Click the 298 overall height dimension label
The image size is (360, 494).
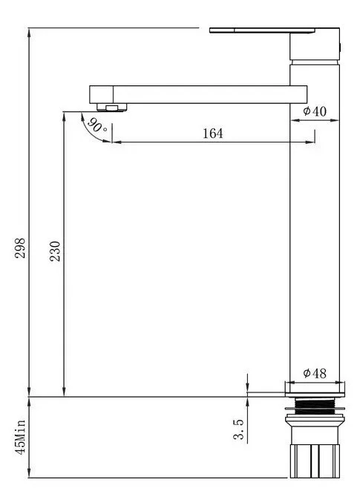[x=20, y=248]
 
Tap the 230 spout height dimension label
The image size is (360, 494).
[x=55, y=251]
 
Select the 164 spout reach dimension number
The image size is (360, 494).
[x=212, y=134]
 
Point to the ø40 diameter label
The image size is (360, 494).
[x=315, y=111]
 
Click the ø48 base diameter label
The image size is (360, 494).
[x=315, y=373]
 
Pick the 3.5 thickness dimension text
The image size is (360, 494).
[x=238, y=429]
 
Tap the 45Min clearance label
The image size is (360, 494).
[x=21, y=437]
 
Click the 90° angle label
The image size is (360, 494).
[x=96, y=125]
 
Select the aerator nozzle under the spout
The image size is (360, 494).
[x=112, y=108]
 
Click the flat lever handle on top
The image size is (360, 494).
[x=262, y=30]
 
